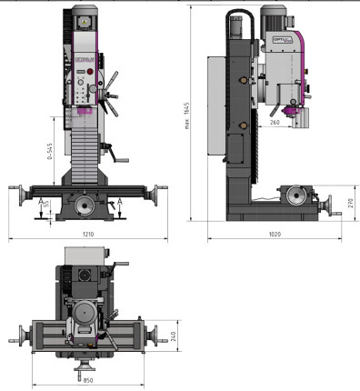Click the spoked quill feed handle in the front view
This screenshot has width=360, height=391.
(x=112, y=92)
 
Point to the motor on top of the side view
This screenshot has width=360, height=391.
(x=275, y=21)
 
